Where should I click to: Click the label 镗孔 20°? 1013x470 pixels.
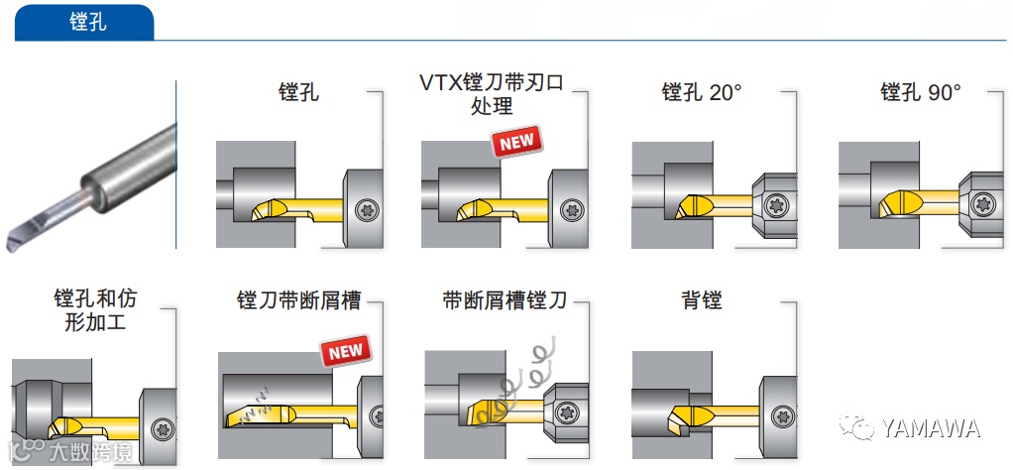click(701, 92)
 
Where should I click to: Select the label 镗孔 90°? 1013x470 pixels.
click(920, 92)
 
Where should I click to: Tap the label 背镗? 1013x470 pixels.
click(701, 299)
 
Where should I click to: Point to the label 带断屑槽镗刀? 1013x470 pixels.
click(506, 299)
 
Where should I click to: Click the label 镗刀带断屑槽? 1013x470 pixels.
click(298, 299)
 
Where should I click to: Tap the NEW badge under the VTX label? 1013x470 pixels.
click(516, 142)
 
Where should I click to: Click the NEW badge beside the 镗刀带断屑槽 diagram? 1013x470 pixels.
click(345, 350)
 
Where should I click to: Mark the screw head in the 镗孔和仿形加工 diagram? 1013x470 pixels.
click(161, 428)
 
